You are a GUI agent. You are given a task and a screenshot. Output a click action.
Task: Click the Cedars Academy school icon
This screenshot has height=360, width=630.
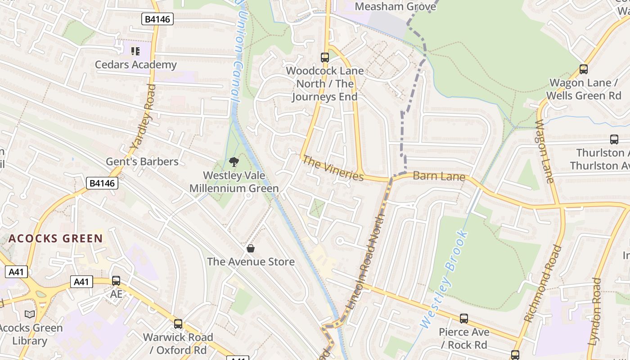coord(135,51)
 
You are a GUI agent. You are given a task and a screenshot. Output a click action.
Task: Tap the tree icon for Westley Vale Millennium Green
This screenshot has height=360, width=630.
coord(234,162)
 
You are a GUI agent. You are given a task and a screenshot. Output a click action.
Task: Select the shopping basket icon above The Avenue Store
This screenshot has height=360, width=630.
coord(251,248)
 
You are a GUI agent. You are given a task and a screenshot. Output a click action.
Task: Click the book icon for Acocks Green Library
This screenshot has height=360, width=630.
coord(30,314)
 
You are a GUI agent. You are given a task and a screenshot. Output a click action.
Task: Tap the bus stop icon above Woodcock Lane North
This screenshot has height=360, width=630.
coord(324,57)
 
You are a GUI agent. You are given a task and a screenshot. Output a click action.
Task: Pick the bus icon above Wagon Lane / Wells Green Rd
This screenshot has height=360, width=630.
coord(583,69)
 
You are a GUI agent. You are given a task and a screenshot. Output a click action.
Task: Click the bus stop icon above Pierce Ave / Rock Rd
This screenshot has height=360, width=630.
coord(463,319)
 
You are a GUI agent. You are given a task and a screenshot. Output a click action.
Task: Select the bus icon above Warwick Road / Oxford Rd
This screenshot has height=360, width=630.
coord(178,324)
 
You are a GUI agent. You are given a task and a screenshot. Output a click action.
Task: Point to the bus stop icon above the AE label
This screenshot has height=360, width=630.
coord(116,281)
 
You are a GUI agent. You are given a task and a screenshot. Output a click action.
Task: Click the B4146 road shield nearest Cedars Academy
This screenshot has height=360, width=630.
coord(157,19)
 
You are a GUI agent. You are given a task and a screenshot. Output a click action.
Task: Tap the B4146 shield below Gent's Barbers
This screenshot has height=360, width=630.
coord(102,183)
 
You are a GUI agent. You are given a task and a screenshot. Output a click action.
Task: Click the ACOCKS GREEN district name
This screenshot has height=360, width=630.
coord(55,238)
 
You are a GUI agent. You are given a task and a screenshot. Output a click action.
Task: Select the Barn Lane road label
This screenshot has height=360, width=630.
coord(439,176)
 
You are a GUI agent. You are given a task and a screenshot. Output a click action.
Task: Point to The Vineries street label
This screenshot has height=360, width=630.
coord(333,168)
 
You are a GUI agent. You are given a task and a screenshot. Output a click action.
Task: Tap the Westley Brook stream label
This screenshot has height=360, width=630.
coord(443,279)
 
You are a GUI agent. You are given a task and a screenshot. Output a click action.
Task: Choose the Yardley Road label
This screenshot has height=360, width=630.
coord(143,117)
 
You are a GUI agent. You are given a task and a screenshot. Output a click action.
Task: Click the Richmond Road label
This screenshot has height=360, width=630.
coord(543,283)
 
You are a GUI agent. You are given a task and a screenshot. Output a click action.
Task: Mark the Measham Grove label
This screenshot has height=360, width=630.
coord(395,7)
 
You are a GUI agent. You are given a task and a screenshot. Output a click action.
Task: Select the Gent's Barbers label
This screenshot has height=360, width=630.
coord(142,162)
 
